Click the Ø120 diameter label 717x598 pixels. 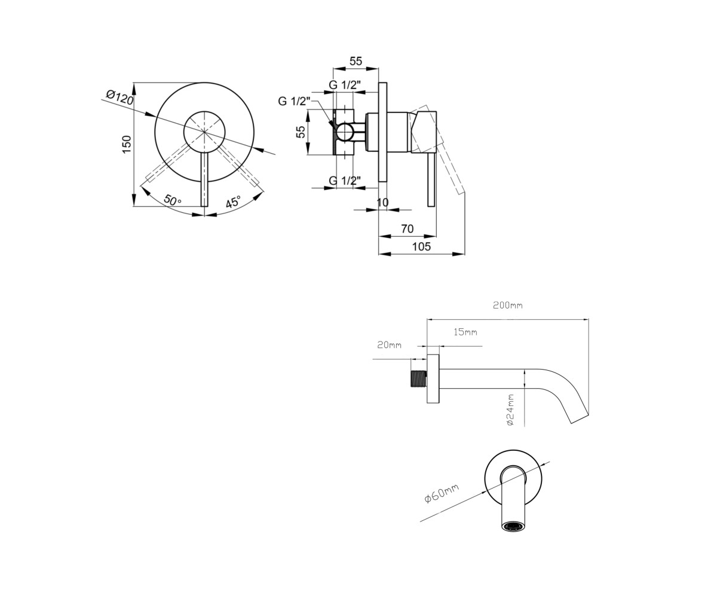pyautogui.click(x=119, y=97)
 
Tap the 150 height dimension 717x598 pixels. pyautogui.click(x=127, y=144)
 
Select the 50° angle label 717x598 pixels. pyautogui.click(x=172, y=200)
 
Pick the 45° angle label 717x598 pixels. pyautogui.click(x=233, y=202)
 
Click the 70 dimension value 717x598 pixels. pyautogui.click(x=407, y=228)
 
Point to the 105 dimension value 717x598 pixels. pyautogui.click(x=421, y=246)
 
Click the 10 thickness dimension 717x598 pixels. pyautogui.click(x=382, y=203)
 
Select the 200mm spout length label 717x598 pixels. pyautogui.click(x=507, y=305)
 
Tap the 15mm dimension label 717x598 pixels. pyautogui.click(x=465, y=332)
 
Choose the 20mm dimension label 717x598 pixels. pyautogui.click(x=389, y=344)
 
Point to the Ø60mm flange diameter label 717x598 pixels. pyautogui.click(x=442, y=493)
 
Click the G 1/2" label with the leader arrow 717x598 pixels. pyautogui.click(x=294, y=102)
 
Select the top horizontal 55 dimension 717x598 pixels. pyautogui.click(x=356, y=61)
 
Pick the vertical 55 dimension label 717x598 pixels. pyautogui.click(x=301, y=132)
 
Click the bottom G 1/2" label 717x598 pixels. pyautogui.click(x=345, y=180)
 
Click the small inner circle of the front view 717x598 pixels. pyautogui.click(x=204, y=132)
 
